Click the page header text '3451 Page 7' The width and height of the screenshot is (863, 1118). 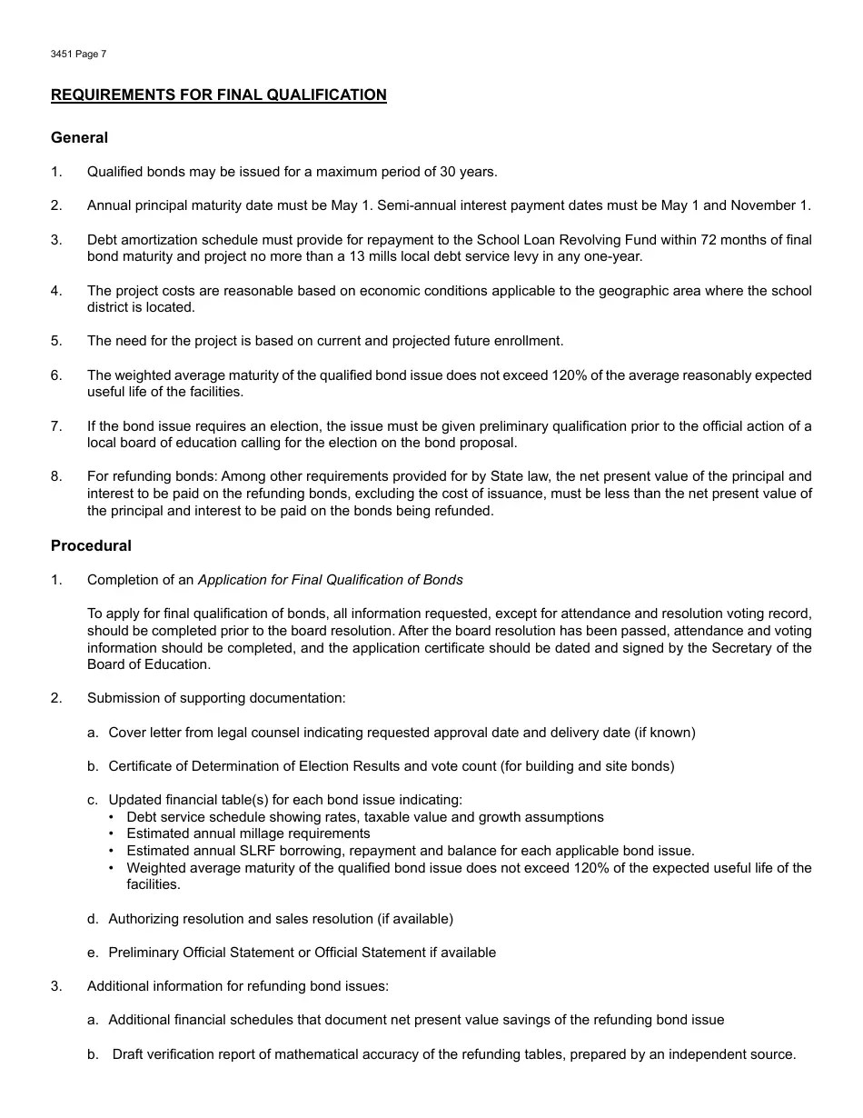click(78, 55)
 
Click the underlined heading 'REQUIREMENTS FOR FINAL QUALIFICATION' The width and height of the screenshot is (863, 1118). click(218, 95)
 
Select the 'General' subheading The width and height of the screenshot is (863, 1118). click(79, 137)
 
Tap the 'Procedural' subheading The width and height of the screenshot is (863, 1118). click(91, 545)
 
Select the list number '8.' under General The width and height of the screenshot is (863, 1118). click(56, 476)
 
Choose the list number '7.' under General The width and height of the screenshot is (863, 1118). click(56, 426)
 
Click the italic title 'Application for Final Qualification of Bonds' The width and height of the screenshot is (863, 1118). click(330, 580)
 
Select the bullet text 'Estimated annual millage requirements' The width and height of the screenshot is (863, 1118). click(248, 834)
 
